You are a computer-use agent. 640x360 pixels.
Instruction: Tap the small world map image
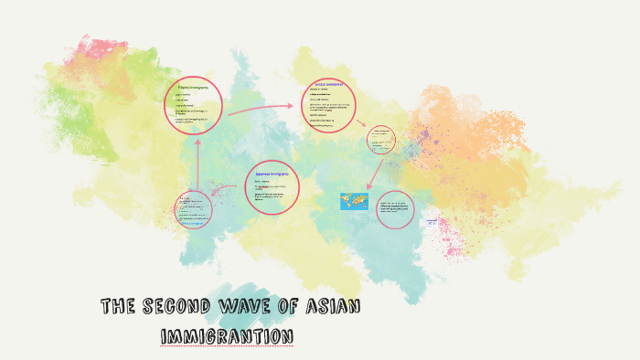click(x=352, y=200)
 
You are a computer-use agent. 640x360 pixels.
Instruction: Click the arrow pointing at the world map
click(x=375, y=175)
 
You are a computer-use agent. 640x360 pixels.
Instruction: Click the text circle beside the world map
click(x=394, y=209)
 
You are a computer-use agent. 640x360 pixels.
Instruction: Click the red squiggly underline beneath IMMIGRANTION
click(x=227, y=346)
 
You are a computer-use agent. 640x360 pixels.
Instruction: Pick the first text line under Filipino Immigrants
click(x=183, y=95)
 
